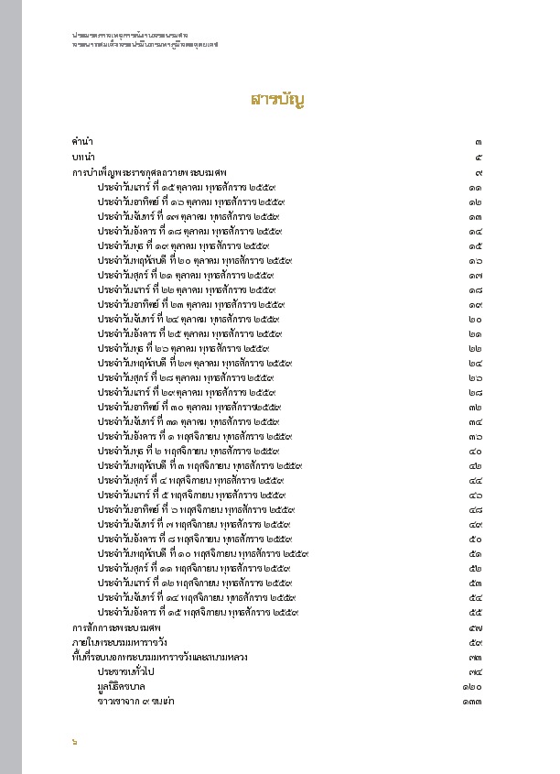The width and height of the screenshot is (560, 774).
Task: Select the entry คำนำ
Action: point(82,142)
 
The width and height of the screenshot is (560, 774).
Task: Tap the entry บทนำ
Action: point(84,158)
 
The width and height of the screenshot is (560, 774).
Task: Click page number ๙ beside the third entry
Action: point(479,172)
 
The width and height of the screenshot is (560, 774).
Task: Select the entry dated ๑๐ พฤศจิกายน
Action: point(202,554)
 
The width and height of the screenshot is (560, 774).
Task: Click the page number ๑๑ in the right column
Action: point(476,187)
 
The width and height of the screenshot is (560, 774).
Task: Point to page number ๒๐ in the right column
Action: point(476,319)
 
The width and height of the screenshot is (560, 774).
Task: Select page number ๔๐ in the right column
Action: point(476,452)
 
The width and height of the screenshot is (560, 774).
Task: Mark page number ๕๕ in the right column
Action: point(476,613)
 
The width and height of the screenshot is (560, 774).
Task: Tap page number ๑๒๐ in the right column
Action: point(472,686)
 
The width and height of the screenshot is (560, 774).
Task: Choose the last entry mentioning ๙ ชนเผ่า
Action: point(136,701)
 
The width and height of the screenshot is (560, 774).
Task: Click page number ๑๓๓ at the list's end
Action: point(472,701)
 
